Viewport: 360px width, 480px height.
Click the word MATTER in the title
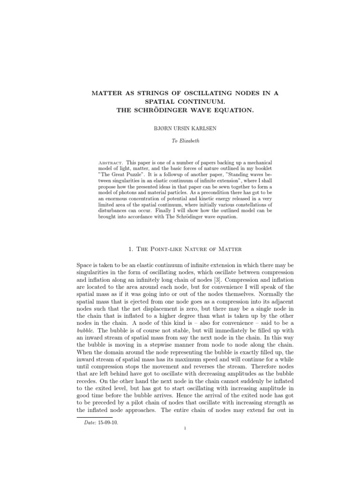pos(105,93)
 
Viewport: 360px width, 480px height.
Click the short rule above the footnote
pos(94,417)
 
